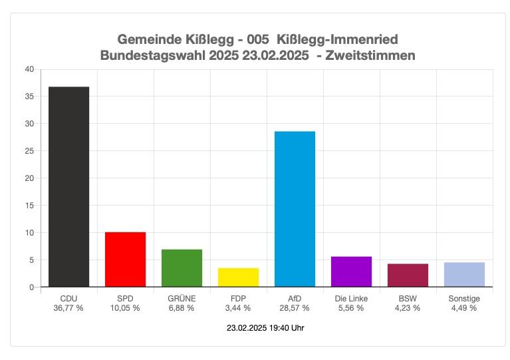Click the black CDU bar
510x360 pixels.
[68, 187]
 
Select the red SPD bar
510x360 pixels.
[125, 260]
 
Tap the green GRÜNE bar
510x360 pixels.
[182, 268]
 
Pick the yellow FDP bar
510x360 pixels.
[238, 277]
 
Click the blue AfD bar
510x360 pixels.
[295, 209]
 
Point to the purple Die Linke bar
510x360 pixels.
[351, 271]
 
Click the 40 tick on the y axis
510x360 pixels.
[29, 69]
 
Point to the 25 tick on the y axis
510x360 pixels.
[29, 151]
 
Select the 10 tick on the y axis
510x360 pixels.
[29, 233]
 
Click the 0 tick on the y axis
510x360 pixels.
[31, 287]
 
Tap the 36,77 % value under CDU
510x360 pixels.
[68, 308]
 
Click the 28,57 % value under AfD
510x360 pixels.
[295, 308]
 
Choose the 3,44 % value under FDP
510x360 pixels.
[238, 308]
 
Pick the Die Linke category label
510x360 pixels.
[351, 299]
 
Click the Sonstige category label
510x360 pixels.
[464, 299]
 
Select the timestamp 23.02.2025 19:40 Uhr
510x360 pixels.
[265, 328]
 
